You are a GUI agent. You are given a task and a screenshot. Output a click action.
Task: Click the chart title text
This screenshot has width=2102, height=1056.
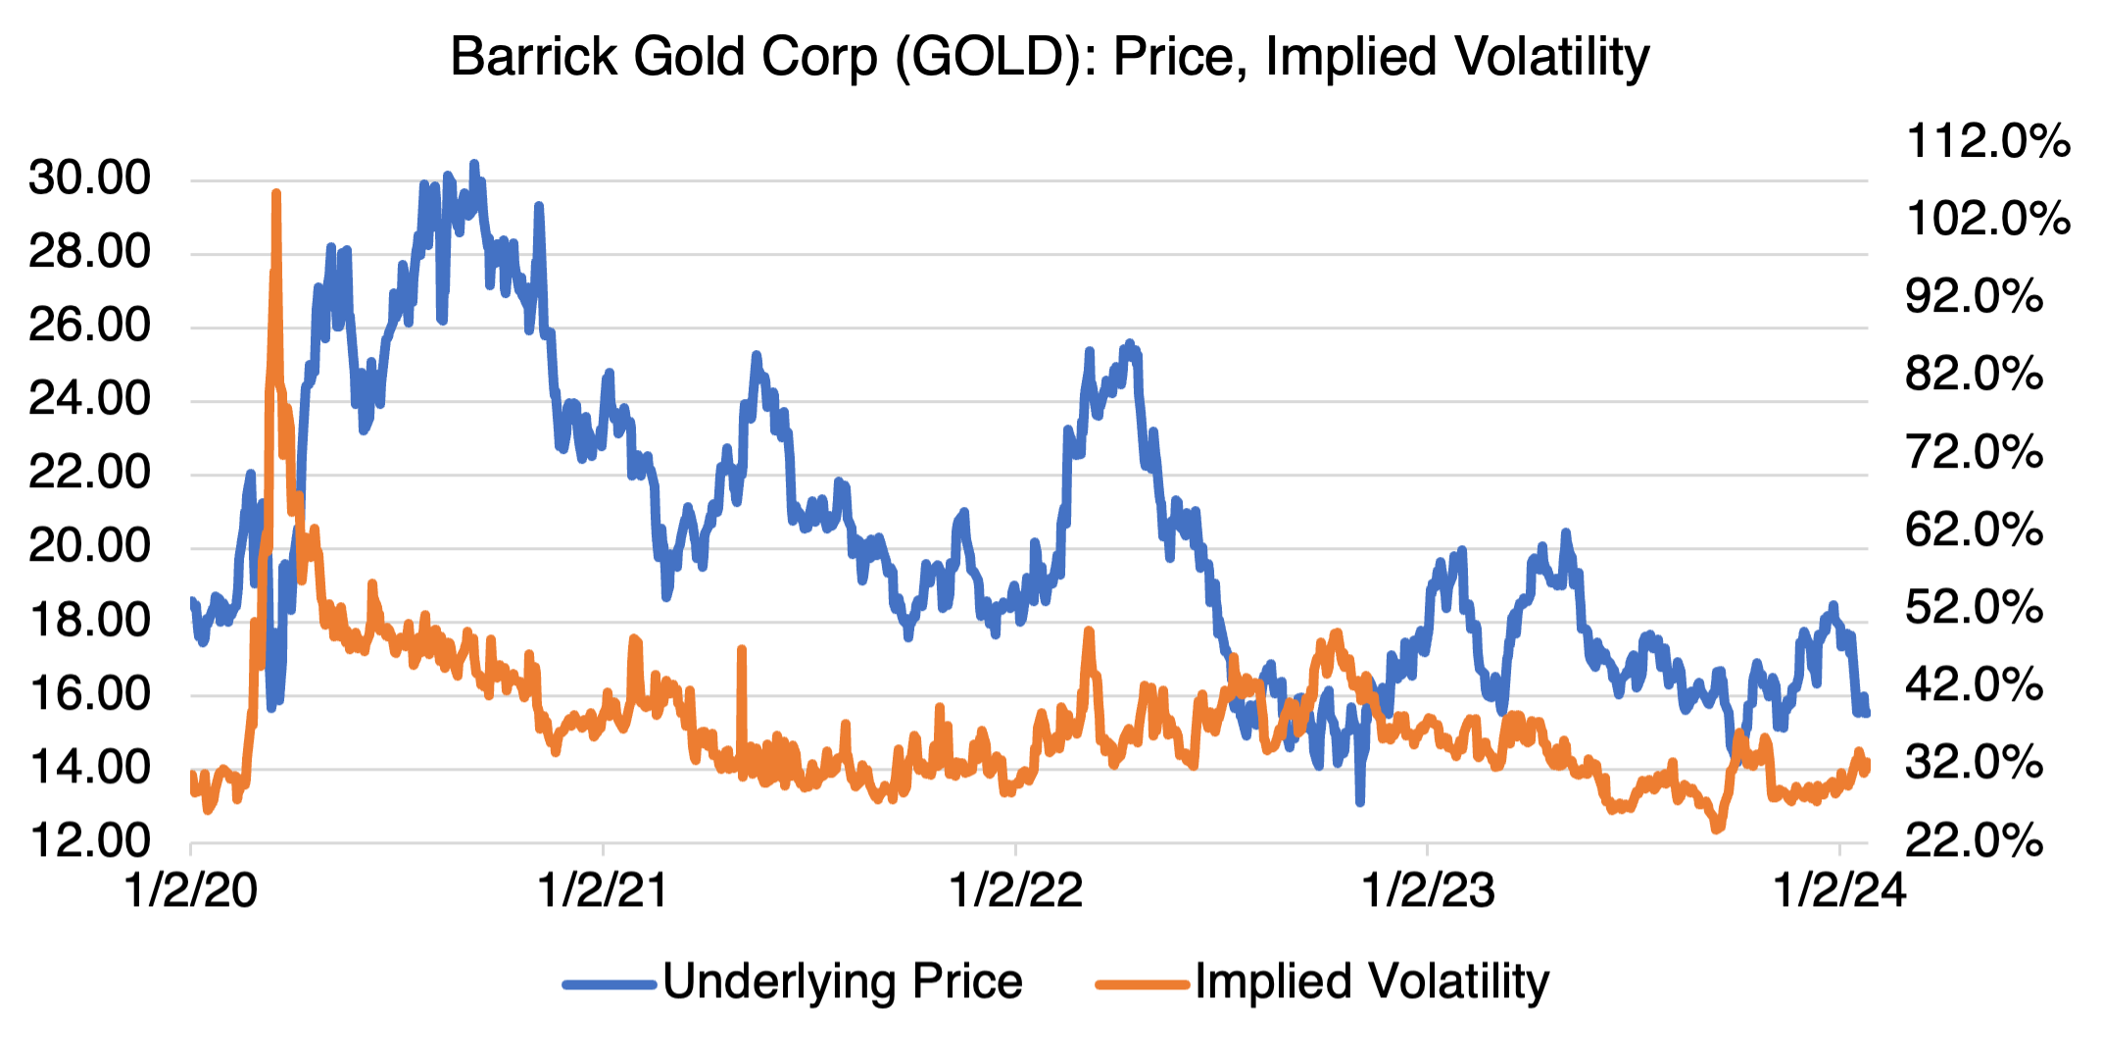point(1050,57)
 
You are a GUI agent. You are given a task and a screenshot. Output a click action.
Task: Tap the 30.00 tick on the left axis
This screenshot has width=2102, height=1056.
point(90,178)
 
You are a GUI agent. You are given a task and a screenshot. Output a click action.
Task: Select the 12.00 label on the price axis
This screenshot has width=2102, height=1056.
point(90,840)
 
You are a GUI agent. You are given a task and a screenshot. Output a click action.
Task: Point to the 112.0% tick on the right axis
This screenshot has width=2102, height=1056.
point(1987,142)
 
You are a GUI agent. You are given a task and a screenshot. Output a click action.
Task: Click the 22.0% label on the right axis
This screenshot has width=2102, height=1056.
point(1974,840)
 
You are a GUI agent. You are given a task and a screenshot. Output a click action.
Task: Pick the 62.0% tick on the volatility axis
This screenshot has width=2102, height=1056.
point(1974,530)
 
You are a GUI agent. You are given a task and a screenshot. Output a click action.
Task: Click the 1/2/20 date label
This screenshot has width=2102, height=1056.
point(191,890)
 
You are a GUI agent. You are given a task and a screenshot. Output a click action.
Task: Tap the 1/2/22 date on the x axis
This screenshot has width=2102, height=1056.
point(1016,890)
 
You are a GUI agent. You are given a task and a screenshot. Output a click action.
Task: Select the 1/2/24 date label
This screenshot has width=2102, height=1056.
point(1840,890)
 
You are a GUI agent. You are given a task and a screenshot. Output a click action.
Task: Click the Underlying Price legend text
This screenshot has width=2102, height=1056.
point(842,981)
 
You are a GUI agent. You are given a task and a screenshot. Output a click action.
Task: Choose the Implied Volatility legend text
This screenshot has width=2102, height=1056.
point(1372,981)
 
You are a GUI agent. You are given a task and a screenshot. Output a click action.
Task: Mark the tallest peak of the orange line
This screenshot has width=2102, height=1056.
point(276,194)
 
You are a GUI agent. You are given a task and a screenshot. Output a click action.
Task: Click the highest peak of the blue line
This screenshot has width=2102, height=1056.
point(474,164)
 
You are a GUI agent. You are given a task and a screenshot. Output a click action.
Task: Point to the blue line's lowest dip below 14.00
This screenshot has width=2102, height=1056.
point(1359,802)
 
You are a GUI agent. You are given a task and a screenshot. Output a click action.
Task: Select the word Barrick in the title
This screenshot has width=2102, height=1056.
point(533,57)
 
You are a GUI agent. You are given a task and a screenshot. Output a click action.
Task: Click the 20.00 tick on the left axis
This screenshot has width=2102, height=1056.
point(90,546)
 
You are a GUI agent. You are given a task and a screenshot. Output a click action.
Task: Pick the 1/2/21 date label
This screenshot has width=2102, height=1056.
point(603,890)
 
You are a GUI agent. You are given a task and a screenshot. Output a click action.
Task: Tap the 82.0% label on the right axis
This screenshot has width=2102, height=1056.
point(1974,375)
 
